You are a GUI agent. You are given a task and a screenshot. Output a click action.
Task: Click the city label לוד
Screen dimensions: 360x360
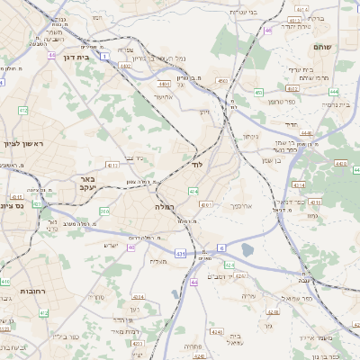coord(197,166)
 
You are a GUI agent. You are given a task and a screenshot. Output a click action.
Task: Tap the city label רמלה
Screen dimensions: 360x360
coord(153,207)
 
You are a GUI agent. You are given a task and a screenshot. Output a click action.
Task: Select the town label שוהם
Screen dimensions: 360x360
coord(322,45)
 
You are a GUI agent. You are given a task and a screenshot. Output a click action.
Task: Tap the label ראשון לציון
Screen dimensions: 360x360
coord(23,143)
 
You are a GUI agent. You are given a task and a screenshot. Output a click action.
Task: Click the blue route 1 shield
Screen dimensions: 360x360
coord(105,57)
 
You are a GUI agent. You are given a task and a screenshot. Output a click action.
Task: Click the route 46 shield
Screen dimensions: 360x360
coord(267,31)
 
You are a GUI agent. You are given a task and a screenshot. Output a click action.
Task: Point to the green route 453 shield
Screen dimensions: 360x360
coord(258,92)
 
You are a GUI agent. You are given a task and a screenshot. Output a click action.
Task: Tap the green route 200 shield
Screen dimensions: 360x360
coord(105,211)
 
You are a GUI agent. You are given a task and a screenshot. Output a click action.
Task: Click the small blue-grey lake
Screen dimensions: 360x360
coord(247,249)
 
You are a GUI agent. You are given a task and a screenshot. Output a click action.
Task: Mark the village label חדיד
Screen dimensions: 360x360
coord(290,125)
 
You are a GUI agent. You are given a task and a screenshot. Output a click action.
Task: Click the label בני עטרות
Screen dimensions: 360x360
coord(244,11)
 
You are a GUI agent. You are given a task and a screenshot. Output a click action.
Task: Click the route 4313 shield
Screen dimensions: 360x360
coord(112,166)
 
